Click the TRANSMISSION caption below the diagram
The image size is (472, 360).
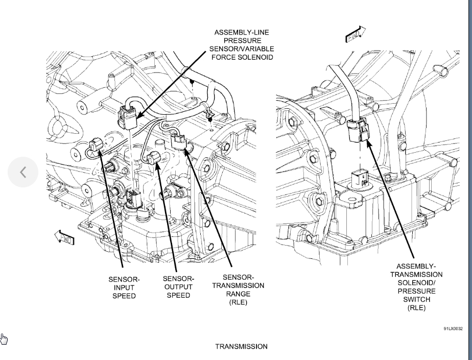241,347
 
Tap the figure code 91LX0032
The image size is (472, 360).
453,329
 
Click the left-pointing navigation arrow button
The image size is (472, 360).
23,173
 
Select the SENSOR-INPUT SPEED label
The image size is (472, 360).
124,287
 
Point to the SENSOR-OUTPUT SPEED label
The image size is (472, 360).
178,287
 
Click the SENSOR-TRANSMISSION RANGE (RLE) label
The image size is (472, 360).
238,290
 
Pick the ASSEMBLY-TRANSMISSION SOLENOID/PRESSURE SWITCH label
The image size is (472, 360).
416,287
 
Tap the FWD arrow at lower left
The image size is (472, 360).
64,237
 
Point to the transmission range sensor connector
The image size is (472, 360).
180,141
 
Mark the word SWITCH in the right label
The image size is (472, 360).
416,299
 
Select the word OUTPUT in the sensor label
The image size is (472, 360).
178,287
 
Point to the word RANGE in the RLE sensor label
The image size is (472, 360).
238,294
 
